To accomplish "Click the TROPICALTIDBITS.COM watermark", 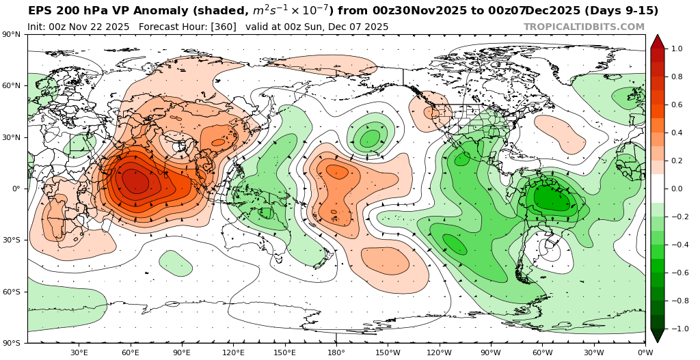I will point(584,27).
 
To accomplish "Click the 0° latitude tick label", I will point(15,189).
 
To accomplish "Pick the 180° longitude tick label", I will point(336,352).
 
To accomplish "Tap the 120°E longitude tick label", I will point(233,352).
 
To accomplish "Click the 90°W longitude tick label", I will point(490,352).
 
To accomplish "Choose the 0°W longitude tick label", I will point(645,352).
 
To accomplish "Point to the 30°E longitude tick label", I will point(79,352).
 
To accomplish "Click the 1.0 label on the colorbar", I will point(677,49).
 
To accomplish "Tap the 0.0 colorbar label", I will point(677,189).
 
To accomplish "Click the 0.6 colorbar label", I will point(677,105).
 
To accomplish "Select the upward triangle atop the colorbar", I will point(657,41).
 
